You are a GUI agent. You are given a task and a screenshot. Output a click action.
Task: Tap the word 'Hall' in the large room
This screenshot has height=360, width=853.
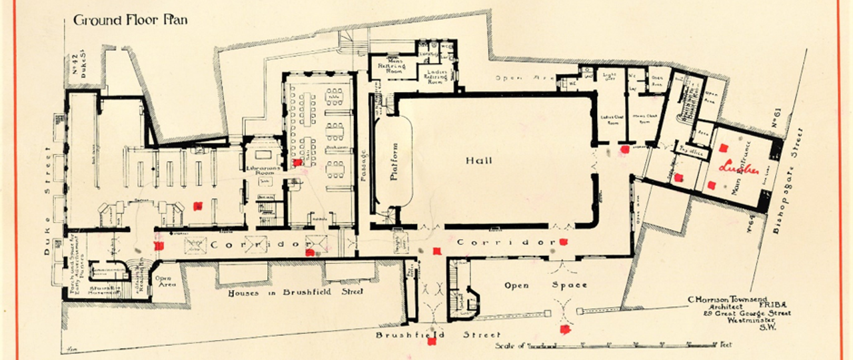coord(478,161)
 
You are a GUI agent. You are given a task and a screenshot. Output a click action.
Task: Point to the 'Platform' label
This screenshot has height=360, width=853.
coord(393,161)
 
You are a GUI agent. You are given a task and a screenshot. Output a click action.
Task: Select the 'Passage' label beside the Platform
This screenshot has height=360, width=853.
coord(363,163)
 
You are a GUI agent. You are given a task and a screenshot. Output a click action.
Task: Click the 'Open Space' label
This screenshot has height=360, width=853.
coord(546,285)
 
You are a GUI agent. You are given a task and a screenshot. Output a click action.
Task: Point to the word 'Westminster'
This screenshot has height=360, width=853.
coord(759,321)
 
